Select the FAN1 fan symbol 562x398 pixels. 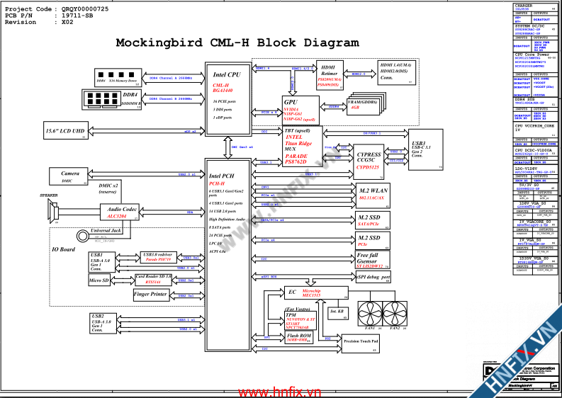point(369,312)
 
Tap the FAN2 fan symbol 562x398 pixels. point(395,312)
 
